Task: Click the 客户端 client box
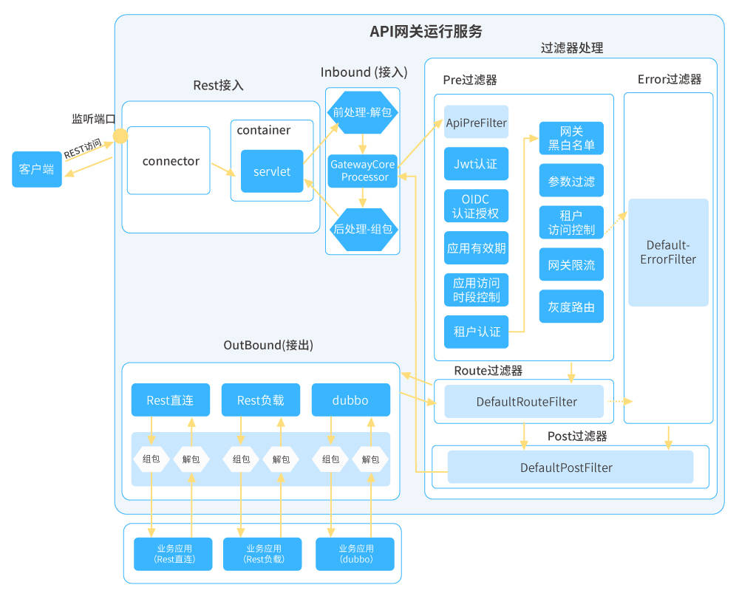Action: pos(37,169)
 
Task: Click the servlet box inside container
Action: pos(272,171)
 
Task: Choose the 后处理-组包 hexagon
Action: pos(362,229)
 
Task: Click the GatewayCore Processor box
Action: pos(362,171)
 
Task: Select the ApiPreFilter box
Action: pos(477,122)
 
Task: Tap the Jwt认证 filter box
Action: pos(477,164)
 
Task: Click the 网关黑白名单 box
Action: pos(571,138)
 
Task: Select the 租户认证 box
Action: pos(477,332)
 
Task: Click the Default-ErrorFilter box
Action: pos(668,252)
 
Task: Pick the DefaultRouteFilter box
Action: pos(526,402)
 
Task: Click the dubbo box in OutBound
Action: pos(351,400)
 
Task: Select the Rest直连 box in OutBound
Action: pos(170,400)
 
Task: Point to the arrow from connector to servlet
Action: pos(224,169)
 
